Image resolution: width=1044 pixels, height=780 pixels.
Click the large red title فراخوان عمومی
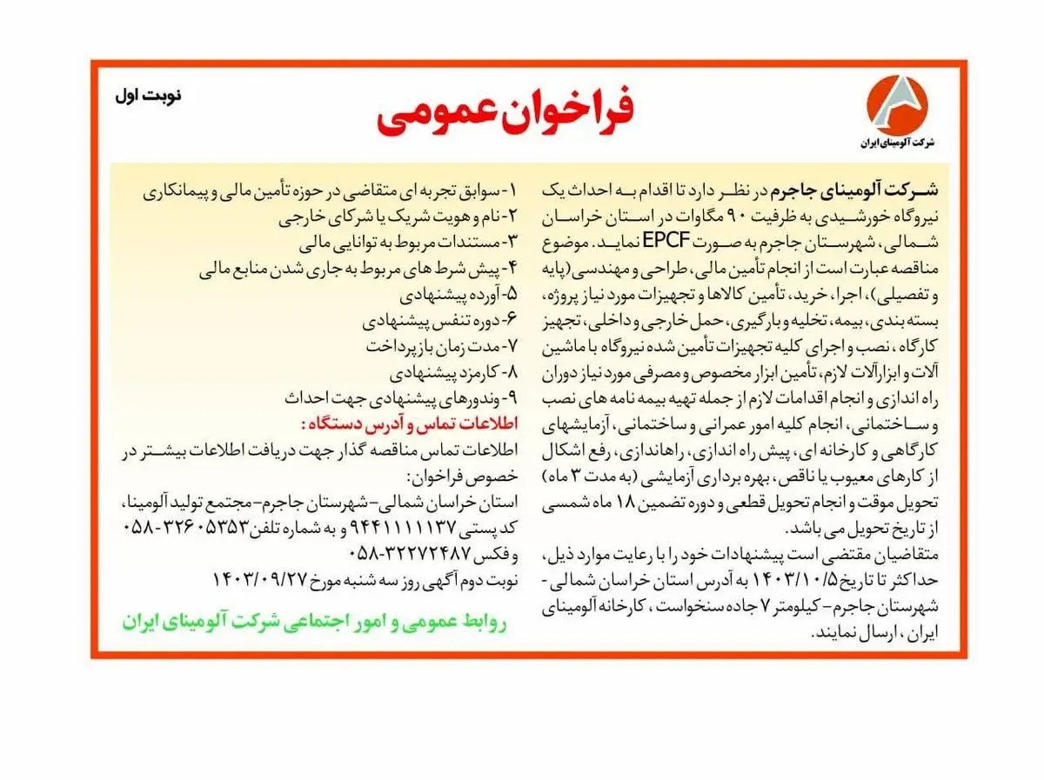coord(505,113)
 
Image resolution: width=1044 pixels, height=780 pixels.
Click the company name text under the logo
coord(895,143)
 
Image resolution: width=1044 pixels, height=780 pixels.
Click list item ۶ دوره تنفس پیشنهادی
coord(440,320)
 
